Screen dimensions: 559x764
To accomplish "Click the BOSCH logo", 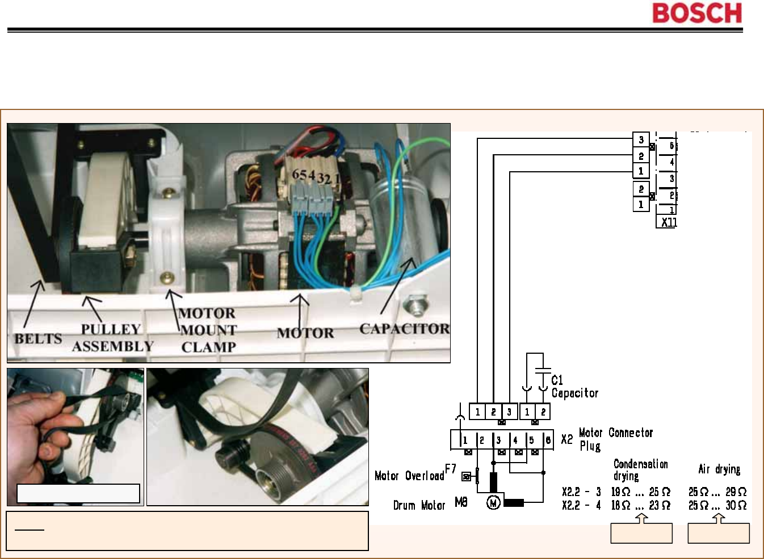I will (x=697, y=13).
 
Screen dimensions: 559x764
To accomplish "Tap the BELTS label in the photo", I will (x=38, y=338).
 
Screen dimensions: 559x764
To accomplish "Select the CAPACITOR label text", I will (x=404, y=329).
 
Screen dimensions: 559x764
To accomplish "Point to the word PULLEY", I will (x=111, y=329).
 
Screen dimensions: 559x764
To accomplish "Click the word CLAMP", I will (x=208, y=347).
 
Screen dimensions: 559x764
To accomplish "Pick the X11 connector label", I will (x=669, y=222).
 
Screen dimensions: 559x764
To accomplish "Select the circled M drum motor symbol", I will (x=493, y=502).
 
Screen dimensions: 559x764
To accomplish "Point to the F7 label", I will (x=451, y=469).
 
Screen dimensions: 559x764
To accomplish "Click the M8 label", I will (x=461, y=502).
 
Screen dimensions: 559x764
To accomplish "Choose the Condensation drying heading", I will (x=640, y=469).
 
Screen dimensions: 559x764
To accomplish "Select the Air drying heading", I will (x=719, y=469).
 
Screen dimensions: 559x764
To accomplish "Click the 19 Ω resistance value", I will (x=620, y=492).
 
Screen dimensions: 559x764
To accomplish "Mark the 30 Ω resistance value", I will (x=736, y=505).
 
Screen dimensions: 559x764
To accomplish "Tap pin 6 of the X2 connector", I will (x=548, y=440).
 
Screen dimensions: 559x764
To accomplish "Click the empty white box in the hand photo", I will (x=78, y=493).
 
